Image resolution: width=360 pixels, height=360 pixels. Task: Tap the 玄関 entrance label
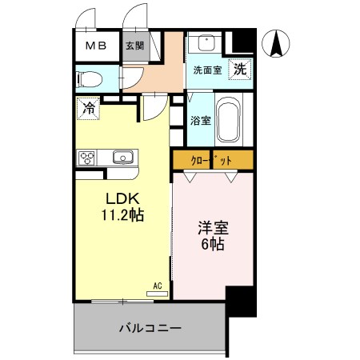[x=134, y=46]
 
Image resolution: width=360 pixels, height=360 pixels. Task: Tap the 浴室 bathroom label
[x=201, y=122]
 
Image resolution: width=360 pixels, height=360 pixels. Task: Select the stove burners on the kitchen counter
[x=87, y=157]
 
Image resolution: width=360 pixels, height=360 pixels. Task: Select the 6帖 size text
[x=213, y=244]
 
